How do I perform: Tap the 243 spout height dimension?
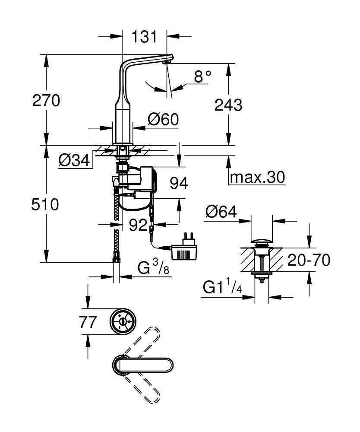[228, 105]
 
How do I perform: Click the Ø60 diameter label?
[163, 119]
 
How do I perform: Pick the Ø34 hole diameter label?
[75, 161]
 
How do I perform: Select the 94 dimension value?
[178, 183]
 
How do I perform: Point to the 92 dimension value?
[139, 225]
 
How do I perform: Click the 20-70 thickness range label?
[309, 260]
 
